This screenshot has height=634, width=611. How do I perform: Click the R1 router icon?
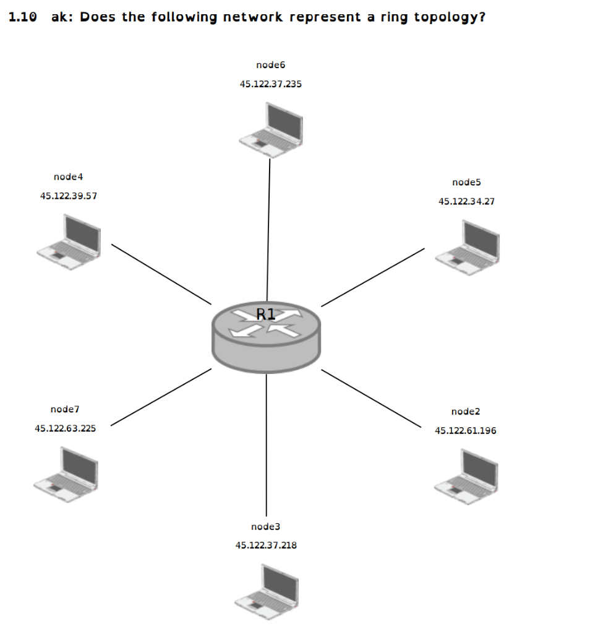(x=266, y=338)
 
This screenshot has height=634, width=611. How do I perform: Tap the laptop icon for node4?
(x=69, y=242)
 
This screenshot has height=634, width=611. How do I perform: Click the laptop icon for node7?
(x=66, y=475)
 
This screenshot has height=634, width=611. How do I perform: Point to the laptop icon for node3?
(x=268, y=592)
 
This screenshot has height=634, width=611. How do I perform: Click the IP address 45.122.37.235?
(x=270, y=84)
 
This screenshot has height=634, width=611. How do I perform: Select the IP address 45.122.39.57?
(x=68, y=196)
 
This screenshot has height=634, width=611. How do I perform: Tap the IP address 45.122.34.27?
(x=466, y=201)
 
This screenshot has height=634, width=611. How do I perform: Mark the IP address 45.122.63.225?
(x=65, y=428)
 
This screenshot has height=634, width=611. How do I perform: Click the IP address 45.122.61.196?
(x=465, y=430)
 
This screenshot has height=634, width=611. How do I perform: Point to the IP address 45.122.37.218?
(x=266, y=545)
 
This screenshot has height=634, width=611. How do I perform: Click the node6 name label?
(x=270, y=64)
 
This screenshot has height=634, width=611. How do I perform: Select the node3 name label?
(x=265, y=526)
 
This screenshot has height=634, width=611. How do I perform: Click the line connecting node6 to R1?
(x=268, y=229)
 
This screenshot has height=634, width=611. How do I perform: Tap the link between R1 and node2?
(x=371, y=398)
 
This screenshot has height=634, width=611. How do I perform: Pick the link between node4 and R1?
(x=161, y=274)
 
